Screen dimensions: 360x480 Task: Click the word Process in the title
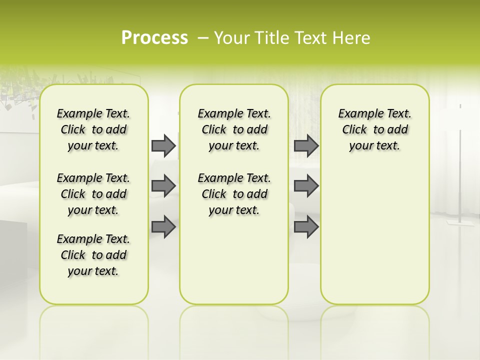[154, 38]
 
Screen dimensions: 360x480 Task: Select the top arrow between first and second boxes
[163, 145]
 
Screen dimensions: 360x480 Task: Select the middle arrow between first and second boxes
[163, 186]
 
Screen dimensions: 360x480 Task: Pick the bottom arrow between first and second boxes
[163, 226]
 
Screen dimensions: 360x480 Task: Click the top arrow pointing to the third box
[306, 145]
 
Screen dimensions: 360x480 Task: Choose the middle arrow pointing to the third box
[306, 186]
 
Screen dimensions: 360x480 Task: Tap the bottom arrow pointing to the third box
[306, 226]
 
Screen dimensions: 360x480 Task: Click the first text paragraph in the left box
[93, 129]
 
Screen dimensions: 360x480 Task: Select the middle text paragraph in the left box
[93, 194]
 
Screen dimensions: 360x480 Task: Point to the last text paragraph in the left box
[93, 255]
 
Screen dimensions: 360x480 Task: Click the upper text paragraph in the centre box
[234, 129]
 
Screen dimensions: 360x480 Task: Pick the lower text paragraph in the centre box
[234, 194]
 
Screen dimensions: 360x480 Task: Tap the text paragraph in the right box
[375, 129]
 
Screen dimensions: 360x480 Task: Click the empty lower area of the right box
[375, 235]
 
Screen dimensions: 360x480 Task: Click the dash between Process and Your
[203, 38]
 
